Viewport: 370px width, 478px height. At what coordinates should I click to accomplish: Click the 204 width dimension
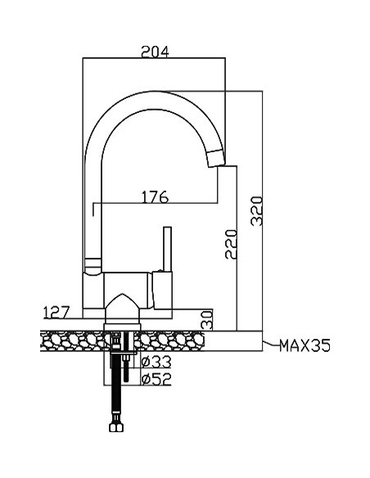point(155,52)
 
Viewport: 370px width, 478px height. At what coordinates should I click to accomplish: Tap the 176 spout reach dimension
point(155,197)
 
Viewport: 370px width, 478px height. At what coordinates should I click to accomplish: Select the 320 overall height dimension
point(256,211)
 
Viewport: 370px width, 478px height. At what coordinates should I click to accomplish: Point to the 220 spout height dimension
point(231,245)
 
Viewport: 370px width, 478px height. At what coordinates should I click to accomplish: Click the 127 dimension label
point(56,312)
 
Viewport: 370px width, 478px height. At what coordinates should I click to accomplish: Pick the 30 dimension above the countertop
point(208,320)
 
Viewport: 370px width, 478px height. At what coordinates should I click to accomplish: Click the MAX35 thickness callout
point(305,345)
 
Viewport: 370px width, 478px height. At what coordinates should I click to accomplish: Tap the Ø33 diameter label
point(156,362)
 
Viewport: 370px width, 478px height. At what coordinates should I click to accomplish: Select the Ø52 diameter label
point(156,379)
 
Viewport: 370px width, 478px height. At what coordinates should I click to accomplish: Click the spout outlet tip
point(216,159)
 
